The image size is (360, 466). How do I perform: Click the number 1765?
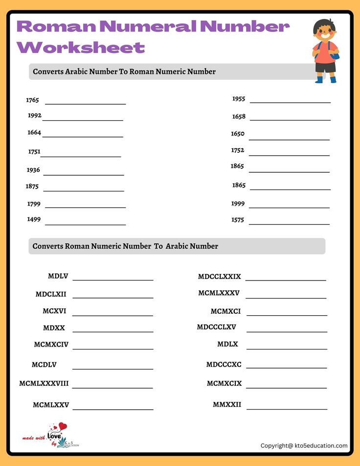[32, 100]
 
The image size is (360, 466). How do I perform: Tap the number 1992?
[35, 116]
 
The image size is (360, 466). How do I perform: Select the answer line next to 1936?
[83, 174]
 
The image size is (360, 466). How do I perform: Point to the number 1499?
[34, 219]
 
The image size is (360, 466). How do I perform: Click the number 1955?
[239, 99]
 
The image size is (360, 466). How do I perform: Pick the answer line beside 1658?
[290, 120]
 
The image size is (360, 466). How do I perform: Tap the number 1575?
[238, 220]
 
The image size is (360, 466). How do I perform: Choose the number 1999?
[238, 204]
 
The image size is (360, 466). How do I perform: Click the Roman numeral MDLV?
[58, 276]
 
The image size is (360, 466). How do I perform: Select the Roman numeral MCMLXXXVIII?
[44, 383]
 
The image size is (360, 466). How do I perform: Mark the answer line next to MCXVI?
[112, 316]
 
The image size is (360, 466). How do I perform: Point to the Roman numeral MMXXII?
[227, 405]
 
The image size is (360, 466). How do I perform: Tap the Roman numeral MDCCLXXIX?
[219, 277]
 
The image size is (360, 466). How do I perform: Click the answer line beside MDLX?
[287, 349]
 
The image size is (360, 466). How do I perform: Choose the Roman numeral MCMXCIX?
[224, 383]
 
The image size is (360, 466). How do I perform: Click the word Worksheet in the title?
[81, 47]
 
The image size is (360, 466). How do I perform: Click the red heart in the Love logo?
[62, 427]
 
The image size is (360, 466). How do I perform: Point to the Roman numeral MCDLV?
[44, 365]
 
